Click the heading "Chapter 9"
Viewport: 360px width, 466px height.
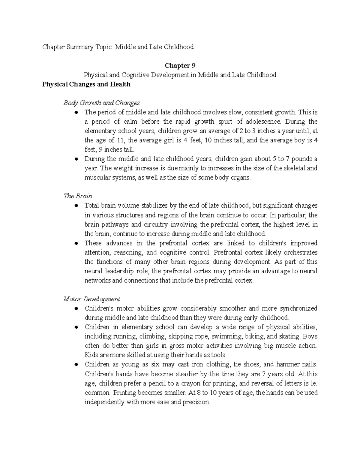(180, 65)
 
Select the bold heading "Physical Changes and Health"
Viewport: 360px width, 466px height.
(86, 84)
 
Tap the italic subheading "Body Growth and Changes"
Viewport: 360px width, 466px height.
(101, 103)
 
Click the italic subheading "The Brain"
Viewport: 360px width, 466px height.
(78, 196)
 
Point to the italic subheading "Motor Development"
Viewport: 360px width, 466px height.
(91, 299)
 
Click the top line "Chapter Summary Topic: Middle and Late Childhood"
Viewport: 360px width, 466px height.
(118, 47)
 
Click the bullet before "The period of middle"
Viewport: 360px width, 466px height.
(76, 113)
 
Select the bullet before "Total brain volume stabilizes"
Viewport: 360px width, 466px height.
(76, 206)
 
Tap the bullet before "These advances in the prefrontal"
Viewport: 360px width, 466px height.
(76, 243)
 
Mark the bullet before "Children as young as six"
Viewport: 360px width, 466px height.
(76, 365)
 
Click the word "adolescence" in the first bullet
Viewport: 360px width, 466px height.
(264, 122)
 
